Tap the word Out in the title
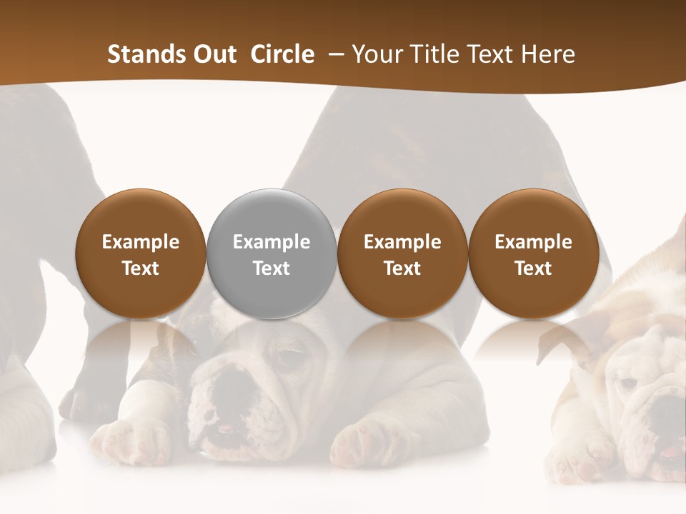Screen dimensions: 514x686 213,54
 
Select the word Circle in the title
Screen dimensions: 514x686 282,54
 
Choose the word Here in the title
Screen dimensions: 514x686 551,54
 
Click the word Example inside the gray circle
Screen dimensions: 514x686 272,242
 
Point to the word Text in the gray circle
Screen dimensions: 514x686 272,268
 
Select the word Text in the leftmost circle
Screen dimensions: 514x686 141,268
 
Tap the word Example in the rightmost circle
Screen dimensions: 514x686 533,242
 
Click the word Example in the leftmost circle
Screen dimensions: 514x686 141,242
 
